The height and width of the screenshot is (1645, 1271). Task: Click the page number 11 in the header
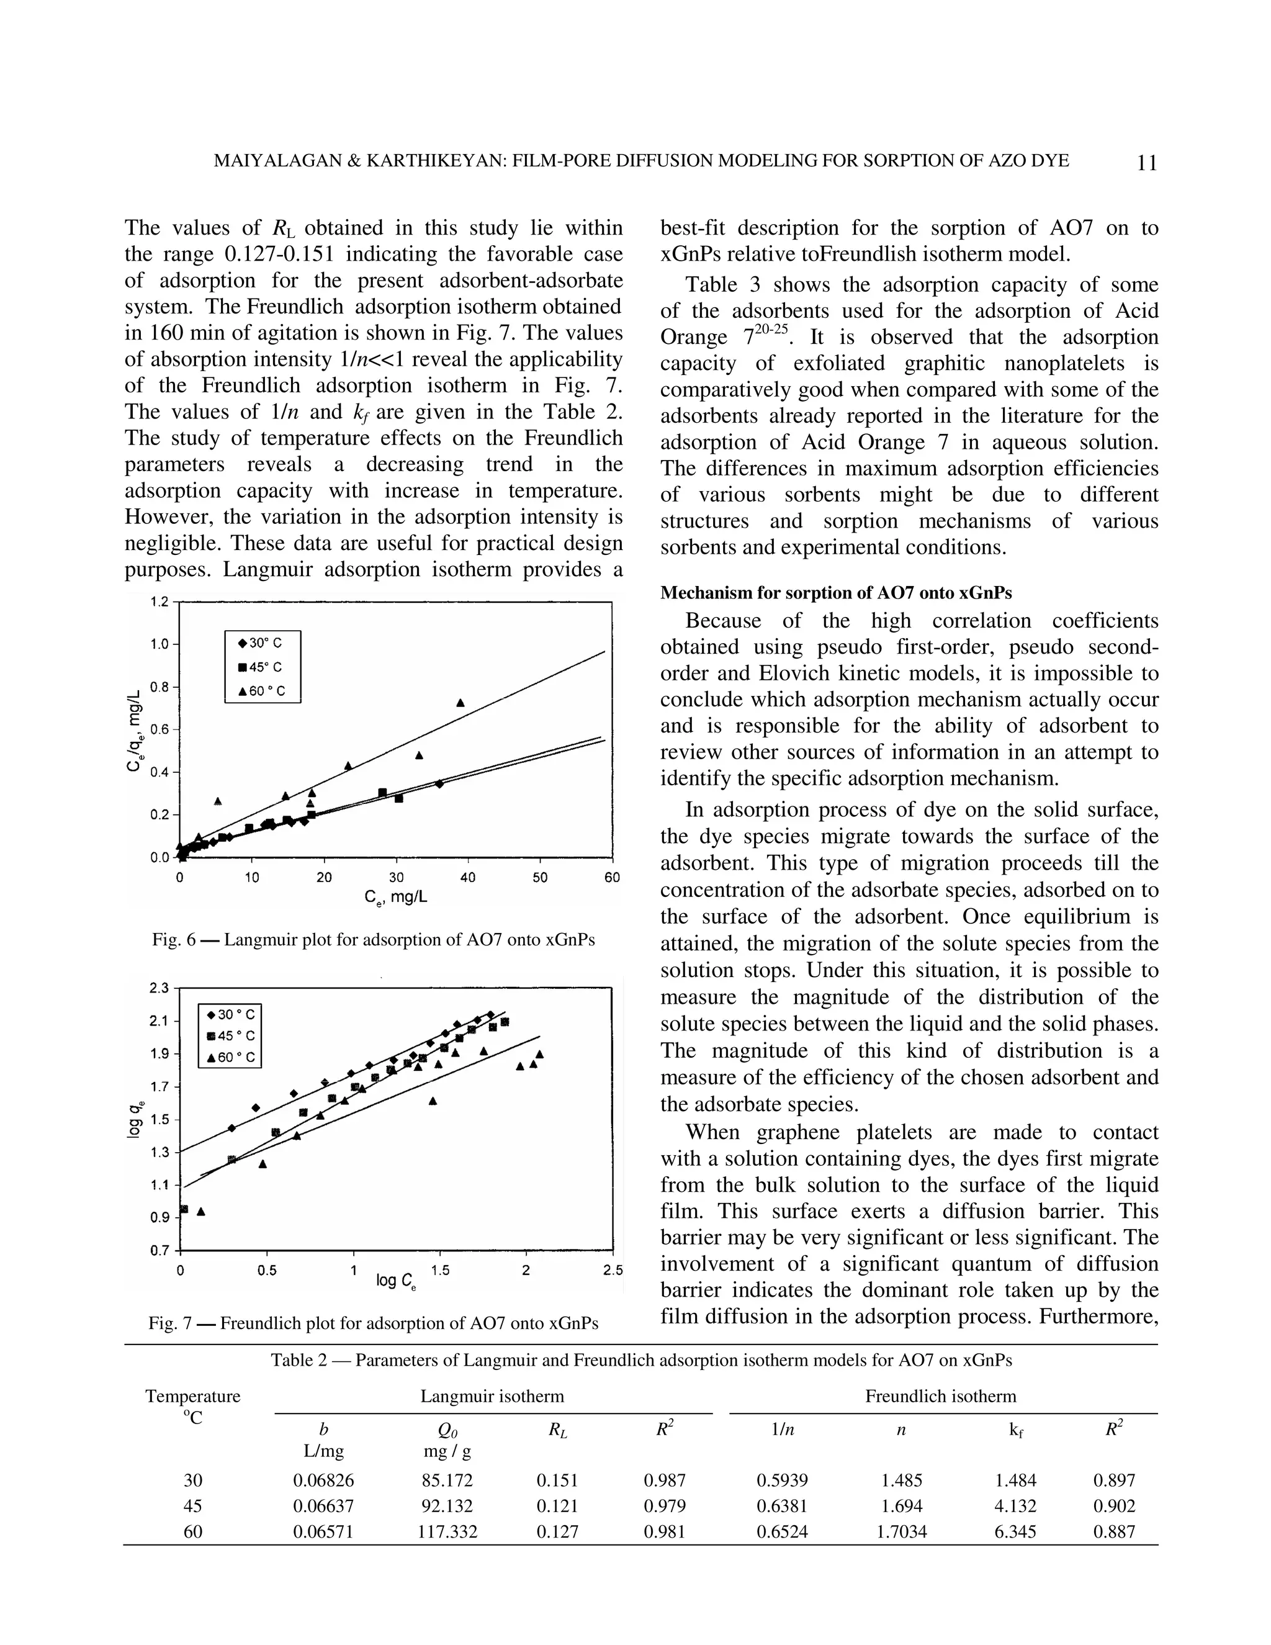(x=1146, y=163)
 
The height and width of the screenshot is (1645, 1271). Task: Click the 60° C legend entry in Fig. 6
(x=261, y=691)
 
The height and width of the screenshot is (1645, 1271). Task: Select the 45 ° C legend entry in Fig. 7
(x=229, y=1035)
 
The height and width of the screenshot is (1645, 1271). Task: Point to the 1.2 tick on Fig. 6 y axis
(x=159, y=602)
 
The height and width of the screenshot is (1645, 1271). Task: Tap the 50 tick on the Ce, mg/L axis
(x=540, y=878)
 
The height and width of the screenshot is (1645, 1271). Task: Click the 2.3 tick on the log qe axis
(x=160, y=988)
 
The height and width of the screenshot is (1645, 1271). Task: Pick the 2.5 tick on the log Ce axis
(x=613, y=1271)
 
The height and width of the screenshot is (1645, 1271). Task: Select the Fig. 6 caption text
(x=374, y=939)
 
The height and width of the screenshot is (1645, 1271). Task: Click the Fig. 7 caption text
(x=374, y=1323)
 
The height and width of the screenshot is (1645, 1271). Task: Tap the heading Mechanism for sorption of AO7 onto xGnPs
(x=836, y=593)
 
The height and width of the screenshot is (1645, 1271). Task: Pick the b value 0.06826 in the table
(x=323, y=1480)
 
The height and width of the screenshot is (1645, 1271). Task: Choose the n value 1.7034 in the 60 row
(x=901, y=1531)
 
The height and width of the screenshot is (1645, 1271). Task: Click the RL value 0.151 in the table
(x=557, y=1480)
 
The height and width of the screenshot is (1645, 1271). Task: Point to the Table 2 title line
(x=640, y=1360)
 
